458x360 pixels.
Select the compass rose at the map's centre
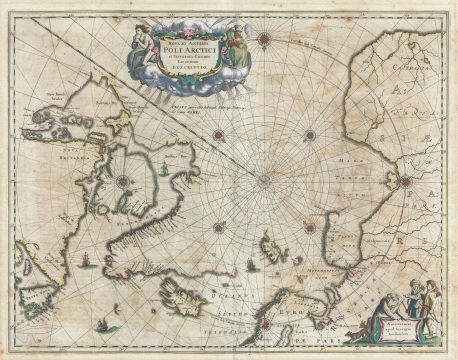tap(263, 180)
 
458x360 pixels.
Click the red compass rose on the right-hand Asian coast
tap(406, 181)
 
